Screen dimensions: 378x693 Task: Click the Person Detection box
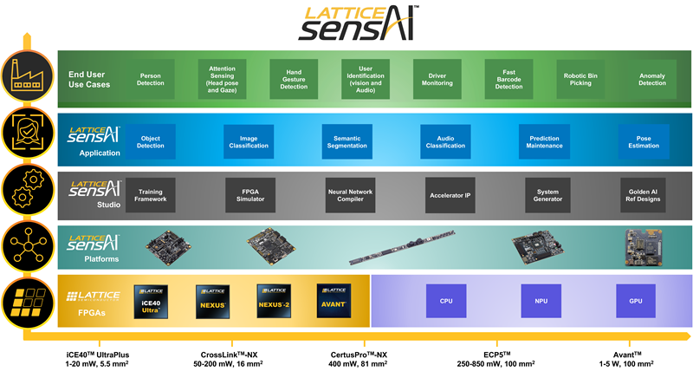coord(151,80)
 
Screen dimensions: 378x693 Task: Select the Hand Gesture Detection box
coord(294,80)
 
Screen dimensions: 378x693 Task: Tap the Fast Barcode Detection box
coord(508,80)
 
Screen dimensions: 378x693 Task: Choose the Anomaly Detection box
coord(651,80)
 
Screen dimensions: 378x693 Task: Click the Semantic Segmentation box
coord(347,140)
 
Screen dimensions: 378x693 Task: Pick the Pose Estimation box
coord(644,140)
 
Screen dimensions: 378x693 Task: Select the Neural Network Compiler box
coord(350,195)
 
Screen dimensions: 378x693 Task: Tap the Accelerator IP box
coord(450,195)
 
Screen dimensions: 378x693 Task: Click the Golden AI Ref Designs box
coord(643,195)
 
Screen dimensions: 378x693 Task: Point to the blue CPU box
coord(446,301)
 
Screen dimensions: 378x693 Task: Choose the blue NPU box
coord(541,301)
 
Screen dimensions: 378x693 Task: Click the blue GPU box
coord(635,301)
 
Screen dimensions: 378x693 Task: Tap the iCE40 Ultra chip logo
coord(151,300)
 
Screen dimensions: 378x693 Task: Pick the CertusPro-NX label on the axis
coord(359,354)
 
